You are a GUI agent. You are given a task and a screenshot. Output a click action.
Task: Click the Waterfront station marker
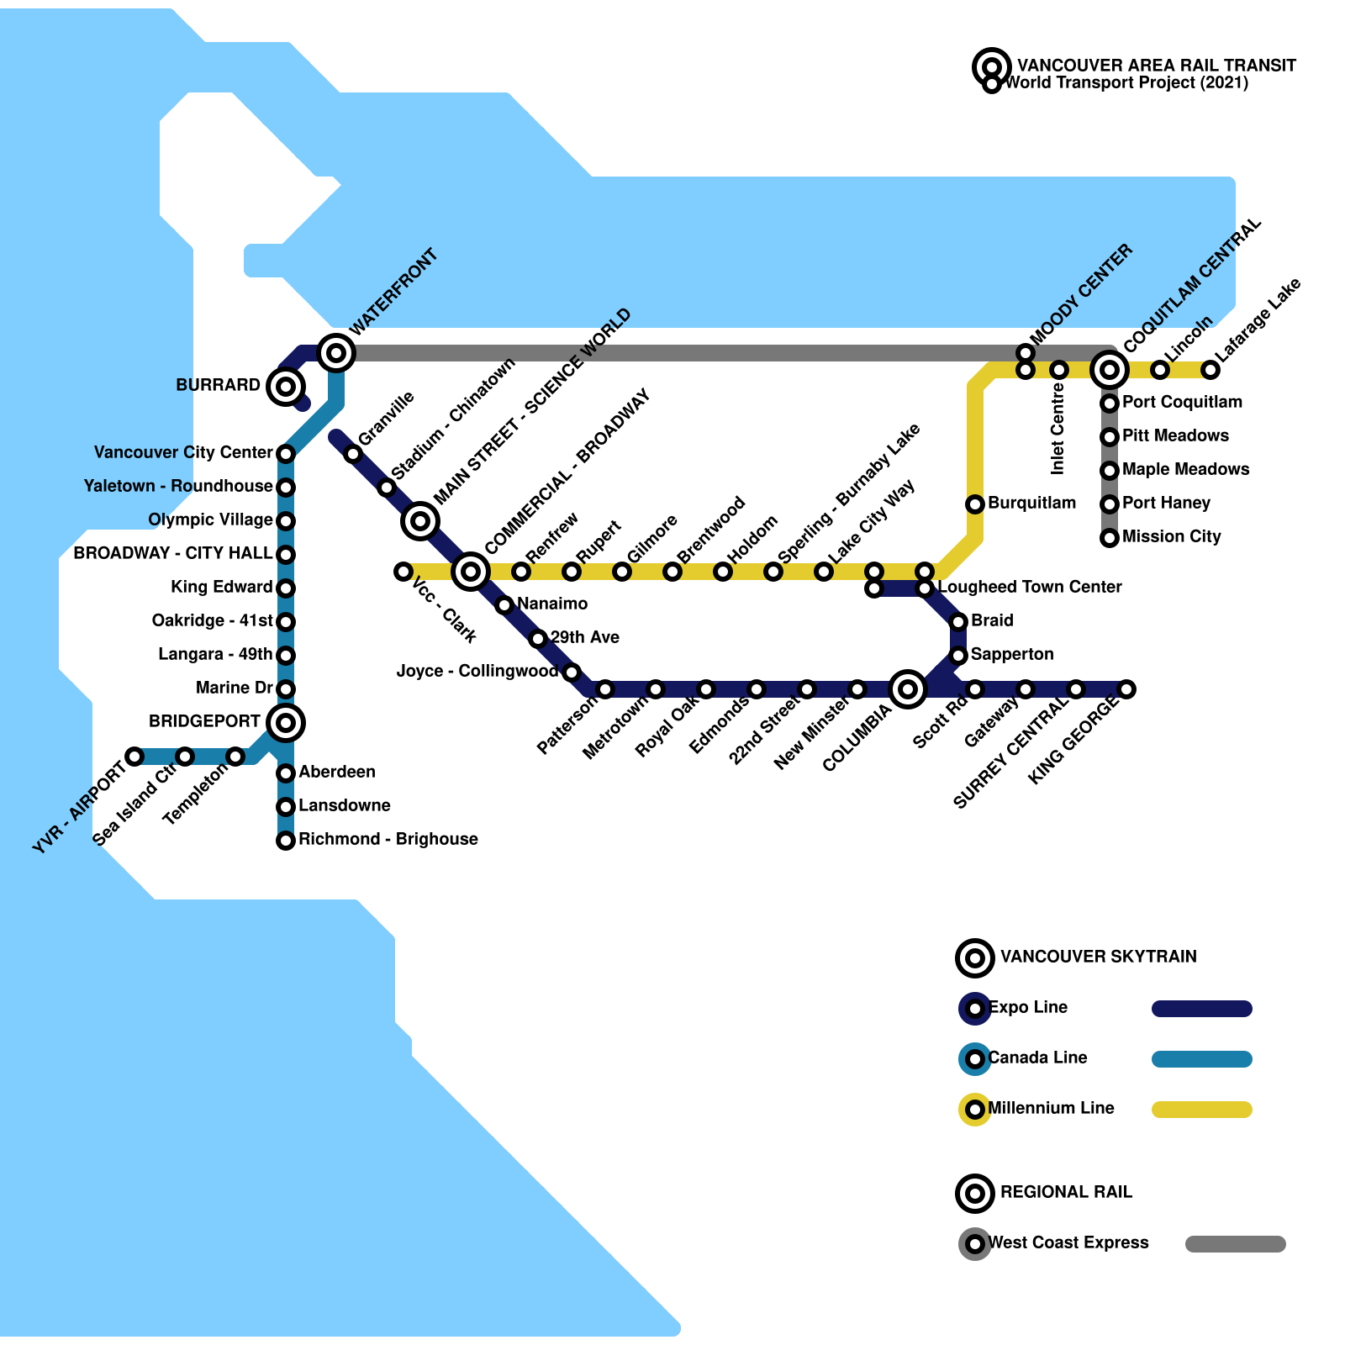[x=336, y=353]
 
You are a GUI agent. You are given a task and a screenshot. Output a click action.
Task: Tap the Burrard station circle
[x=286, y=387]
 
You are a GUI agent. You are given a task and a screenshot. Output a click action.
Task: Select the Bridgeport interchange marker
[x=286, y=722]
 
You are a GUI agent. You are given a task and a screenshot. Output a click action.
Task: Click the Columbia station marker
[x=908, y=689]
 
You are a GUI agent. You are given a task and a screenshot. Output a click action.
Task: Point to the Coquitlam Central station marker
[x=1110, y=369]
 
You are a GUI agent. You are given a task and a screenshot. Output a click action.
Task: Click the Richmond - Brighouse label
[x=388, y=839]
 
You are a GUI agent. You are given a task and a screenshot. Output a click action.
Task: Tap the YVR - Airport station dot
[x=134, y=757]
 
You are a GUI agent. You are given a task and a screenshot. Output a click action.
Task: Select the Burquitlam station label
[x=1031, y=503]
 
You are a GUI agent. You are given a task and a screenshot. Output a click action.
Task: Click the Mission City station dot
[x=1110, y=538]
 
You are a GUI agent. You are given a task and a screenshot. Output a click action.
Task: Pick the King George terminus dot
[x=1126, y=689]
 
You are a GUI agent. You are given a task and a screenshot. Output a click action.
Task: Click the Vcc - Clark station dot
[x=403, y=572]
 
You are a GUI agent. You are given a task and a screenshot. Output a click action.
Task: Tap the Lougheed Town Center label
[x=1030, y=587]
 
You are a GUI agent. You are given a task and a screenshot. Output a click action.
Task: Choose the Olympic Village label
[x=210, y=520]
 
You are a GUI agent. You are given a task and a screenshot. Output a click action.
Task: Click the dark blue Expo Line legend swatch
[x=1201, y=1009]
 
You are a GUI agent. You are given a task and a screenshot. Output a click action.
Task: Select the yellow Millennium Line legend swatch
[x=1201, y=1110]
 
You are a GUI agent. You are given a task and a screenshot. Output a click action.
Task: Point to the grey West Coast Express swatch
[x=1235, y=1244]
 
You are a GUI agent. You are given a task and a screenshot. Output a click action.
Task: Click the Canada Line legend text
[x=1037, y=1058]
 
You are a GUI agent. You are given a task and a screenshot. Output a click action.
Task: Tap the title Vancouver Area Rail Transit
[x=1156, y=66]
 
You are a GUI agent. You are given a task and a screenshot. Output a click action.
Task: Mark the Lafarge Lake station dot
[x=1210, y=370]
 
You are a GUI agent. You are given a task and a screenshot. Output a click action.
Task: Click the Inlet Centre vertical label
[x=1058, y=429]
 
